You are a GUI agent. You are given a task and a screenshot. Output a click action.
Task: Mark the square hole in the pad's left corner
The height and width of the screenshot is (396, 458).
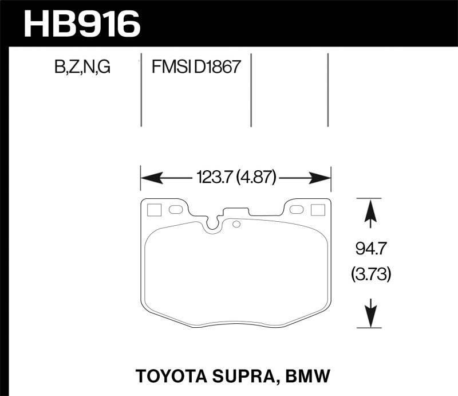click(154, 210)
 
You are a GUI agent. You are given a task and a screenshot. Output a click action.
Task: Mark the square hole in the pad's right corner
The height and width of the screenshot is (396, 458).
click(317, 210)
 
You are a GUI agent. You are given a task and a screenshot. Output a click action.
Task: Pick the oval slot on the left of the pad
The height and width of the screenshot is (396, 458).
click(176, 210)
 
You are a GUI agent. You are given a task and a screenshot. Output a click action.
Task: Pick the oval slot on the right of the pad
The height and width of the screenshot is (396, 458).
click(296, 210)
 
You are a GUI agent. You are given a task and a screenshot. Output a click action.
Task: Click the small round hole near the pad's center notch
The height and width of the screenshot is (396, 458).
click(234, 224)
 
